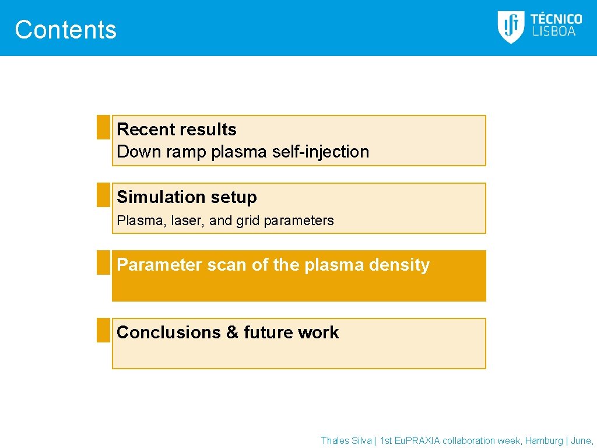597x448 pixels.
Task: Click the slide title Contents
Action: tap(65, 30)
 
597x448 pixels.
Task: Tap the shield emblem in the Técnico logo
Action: tap(511, 27)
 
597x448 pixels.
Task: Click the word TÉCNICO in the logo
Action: tap(556, 19)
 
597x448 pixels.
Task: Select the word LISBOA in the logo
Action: tap(553, 32)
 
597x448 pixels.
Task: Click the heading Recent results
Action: tap(177, 129)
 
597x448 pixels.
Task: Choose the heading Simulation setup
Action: tap(187, 197)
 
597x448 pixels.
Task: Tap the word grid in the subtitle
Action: tap(248, 220)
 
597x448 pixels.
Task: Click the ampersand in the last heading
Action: tap(233, 332)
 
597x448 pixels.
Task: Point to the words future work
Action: tap(291, 332)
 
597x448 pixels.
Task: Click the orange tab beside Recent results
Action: tap(103, 127)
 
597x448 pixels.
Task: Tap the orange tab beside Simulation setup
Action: tap(103, 195)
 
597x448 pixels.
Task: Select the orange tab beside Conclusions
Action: tap(103, 330)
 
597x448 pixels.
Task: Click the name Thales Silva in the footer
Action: tap(346, 441)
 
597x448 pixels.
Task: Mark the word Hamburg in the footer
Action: tap(544, 441)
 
